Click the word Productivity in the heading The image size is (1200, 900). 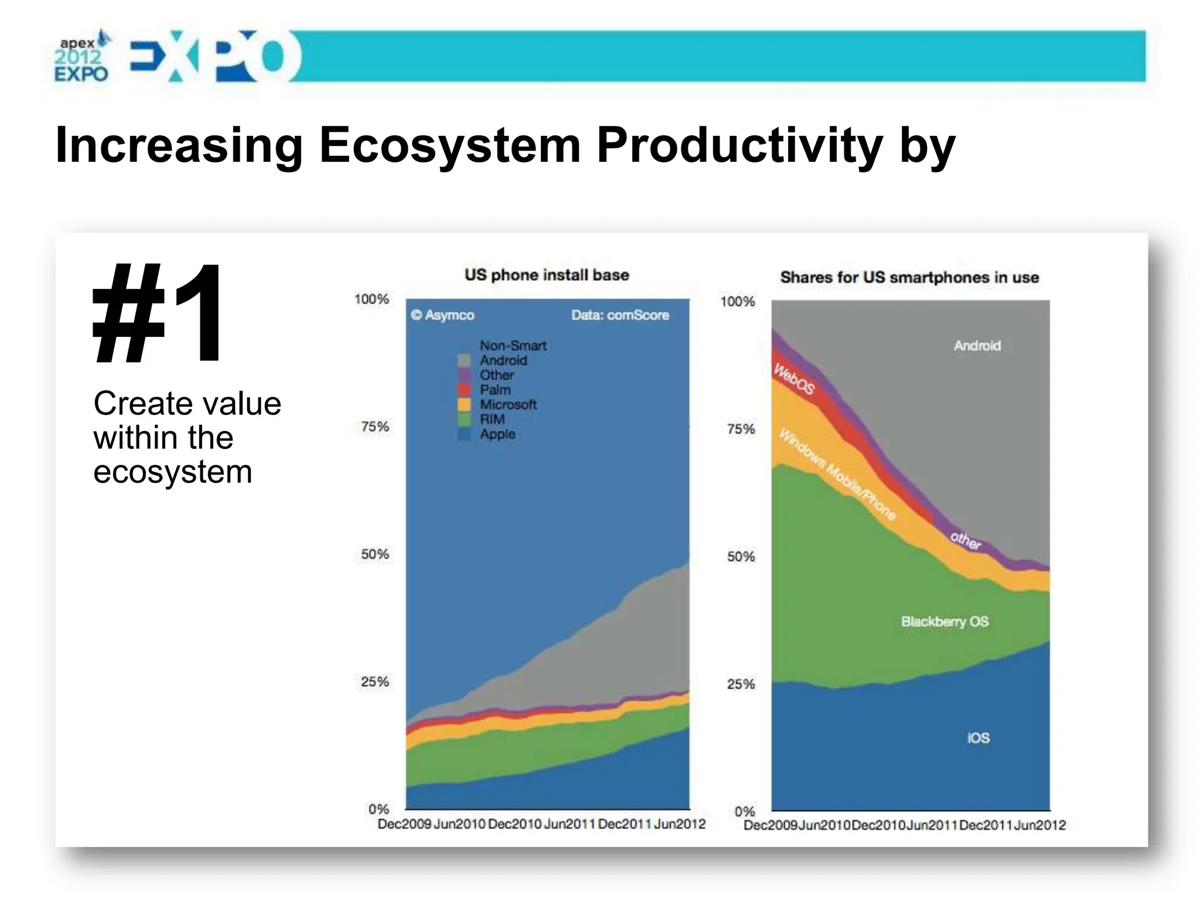(x=739, y=145)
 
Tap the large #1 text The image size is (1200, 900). (x=158, y=314)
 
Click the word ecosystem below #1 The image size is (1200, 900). (x=172, y=472)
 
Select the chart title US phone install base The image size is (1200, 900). (x=547, y=275)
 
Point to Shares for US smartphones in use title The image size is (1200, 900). (x=909, y=277)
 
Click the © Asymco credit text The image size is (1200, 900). (x=442, y=315)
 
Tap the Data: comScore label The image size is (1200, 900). (x=620, y=315)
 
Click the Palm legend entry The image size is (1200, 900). (x=495, y=390)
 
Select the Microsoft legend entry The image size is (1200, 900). (x=507, y=404)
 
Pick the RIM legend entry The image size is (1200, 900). (x=492, y=420)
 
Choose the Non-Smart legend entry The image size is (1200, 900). (x=513, y=346)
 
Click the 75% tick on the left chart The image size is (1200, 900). (x=374, y=427)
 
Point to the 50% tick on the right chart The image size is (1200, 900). (x=741, y=557)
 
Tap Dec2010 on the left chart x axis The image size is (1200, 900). (x=514, y=824)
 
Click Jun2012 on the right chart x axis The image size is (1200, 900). (x=1039, y=825)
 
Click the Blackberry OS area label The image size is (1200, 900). (x=945, y=622)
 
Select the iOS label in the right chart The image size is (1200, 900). (x=978, y=738)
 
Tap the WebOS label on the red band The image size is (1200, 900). (x=794, y=379)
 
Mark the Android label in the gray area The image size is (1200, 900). (x=977, y=346)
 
